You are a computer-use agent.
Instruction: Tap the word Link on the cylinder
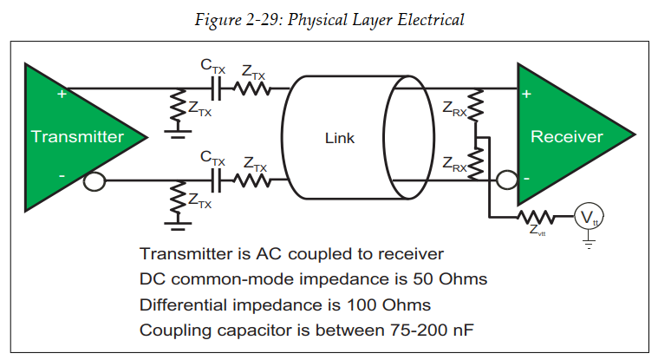click(340, 138)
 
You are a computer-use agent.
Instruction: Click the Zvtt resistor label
click(538, 232)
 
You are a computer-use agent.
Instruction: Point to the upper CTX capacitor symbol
click(216, 88)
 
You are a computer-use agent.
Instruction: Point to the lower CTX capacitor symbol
click(216, 181)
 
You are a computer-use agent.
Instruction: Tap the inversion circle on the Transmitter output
click(94, 181)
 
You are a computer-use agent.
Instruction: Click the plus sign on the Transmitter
click(62, 93)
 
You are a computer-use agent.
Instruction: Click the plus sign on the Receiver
click(527, 93)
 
